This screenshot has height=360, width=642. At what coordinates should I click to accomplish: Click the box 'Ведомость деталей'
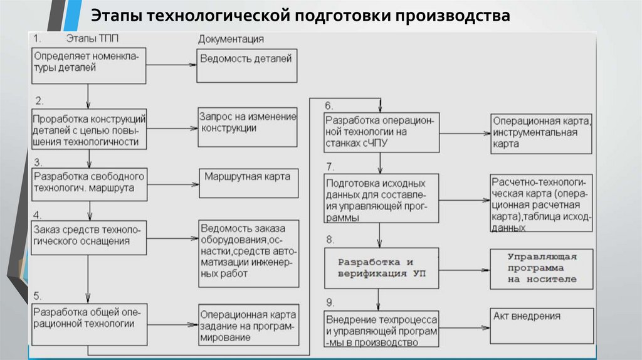point(247,65)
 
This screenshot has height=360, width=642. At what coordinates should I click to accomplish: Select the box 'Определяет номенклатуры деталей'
point(89,65)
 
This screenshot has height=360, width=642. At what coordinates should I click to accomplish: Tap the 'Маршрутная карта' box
point(249,184)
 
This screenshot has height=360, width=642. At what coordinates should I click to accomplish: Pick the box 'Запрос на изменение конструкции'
point(247,129)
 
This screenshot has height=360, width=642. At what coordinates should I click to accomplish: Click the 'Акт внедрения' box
point(540,324)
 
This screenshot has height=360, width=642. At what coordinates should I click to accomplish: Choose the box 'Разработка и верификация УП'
point(381,267)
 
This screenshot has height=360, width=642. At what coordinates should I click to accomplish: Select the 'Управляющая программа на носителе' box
point(540,268)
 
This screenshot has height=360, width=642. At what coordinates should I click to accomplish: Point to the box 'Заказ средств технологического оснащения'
point(89,236)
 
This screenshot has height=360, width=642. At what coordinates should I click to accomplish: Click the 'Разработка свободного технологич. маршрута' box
point(89,183)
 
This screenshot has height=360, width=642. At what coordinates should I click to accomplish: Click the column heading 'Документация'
point(231,39)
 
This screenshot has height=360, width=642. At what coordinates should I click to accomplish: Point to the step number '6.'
point(329,105)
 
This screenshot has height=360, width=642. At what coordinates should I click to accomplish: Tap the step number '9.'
point(329,301)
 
